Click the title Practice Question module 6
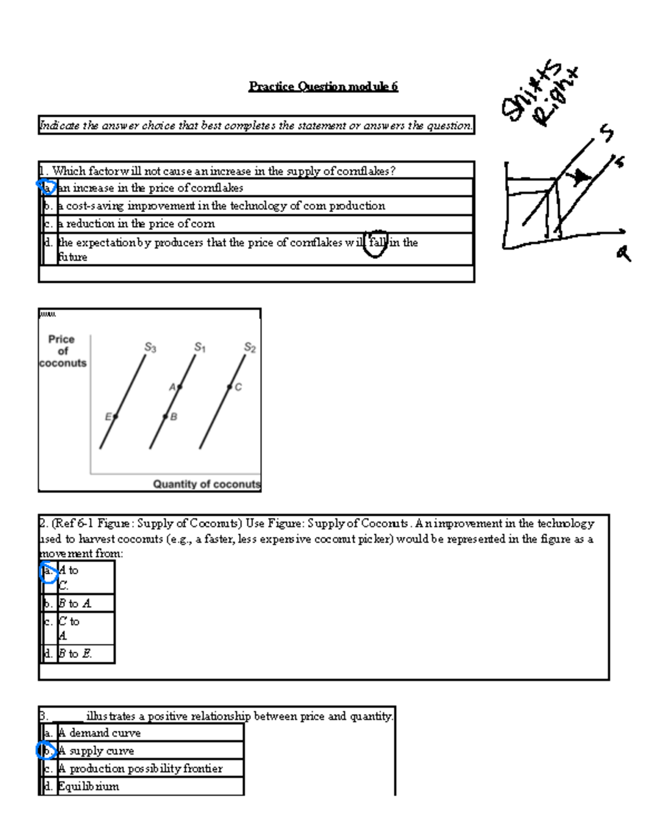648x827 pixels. pyautogui.click(x=323, y=86)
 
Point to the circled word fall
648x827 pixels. pyautogui.click(x=377, y=243)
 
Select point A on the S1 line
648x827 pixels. pyautogui.click(x=179, y=386)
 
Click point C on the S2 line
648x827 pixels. pyautogui.click(x=230, y=386)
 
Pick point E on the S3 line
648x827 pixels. pyautogui.click(x=115, y=416)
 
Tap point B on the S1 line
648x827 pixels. pyautogui.click(x=165, y=416)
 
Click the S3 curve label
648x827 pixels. pyautogui.click(x=150, y=348)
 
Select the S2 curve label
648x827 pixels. pyautogui.click(x=249, y=348)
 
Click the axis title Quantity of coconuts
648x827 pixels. pyautogui.click(x=206, y=484)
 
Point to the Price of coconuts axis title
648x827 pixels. pyautogui.click(x=62, y=351)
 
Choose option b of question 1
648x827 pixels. pyautogui.click(x=221, y=206)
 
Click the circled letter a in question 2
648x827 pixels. pyautogui.click(x=48, y=571)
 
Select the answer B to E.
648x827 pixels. pyautogui.click(x=75, y=653)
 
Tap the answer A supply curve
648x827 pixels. pyautogui.click(x=96, y=751)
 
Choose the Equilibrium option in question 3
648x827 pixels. pyautogui.click(x=89, y=786)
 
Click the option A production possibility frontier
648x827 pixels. pyautogui.click(x=140, y=769)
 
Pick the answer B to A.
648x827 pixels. pyautogui.click(x=75, y=603)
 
